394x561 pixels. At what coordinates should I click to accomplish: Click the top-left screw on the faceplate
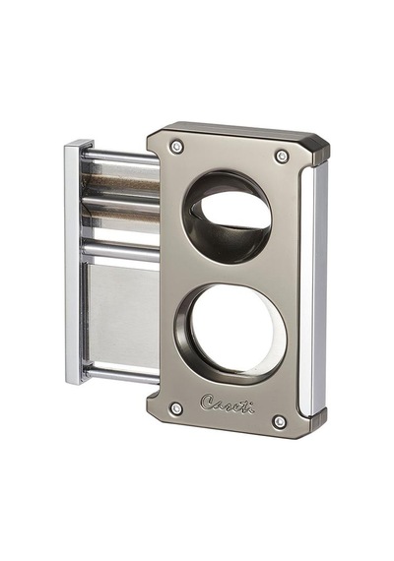click(x=176, y=146)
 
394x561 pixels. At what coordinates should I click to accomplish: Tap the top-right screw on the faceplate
click(x=283, y=156)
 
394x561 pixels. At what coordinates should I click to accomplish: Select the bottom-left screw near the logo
click(x=176, y=407)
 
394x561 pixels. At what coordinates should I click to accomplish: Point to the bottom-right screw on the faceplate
click(x=280, y=422)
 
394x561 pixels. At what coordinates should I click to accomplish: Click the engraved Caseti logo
click(x=228, y=404)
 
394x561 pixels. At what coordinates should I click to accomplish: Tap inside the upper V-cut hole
click(x=233, y=212)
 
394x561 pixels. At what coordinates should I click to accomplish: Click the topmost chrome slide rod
click(x=122, y=157)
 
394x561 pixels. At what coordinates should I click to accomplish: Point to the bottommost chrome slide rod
click(x=122, y=375)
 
